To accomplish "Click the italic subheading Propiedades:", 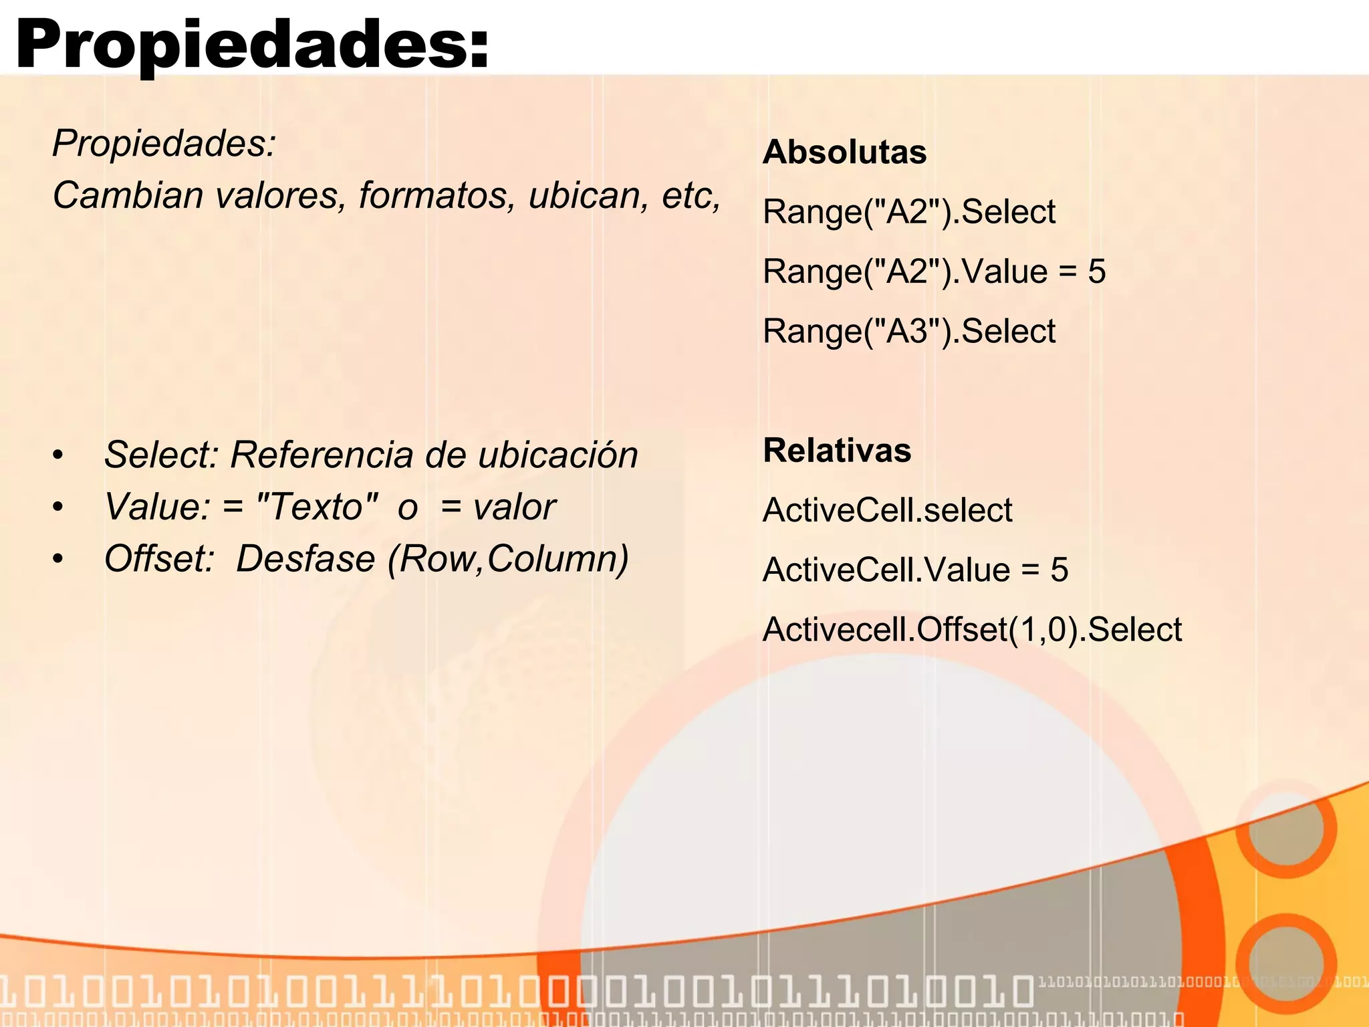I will (164, 143).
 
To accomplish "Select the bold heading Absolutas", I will (844, 152).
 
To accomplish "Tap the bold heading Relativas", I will (837, 450).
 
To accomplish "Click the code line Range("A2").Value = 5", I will (934, 271).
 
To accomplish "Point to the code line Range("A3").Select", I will (909, 331).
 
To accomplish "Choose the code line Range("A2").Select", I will (909, 212).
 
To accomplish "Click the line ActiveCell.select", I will (887, 510).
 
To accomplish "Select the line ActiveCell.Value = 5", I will (915, 570).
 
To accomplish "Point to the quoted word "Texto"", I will (318, 507).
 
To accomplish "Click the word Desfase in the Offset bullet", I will (305, 558).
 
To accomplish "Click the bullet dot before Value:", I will (59, 507).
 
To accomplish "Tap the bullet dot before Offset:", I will (59, 558).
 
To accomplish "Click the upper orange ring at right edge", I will (1285, 828).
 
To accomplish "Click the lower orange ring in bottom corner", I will (1285, 963).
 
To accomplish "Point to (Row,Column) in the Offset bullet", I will (508, 558).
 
